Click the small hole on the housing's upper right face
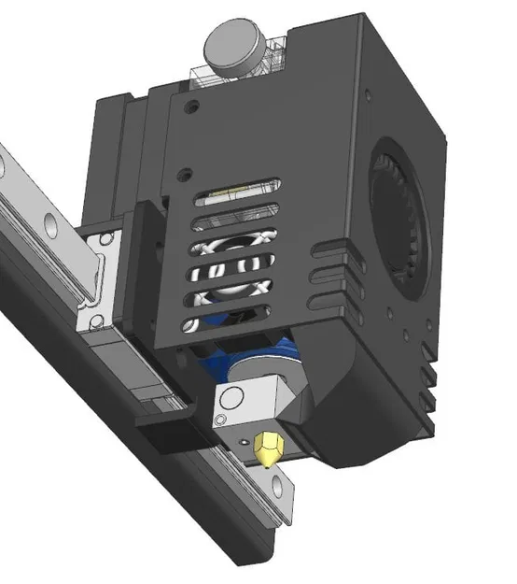[x=372, y=94]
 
